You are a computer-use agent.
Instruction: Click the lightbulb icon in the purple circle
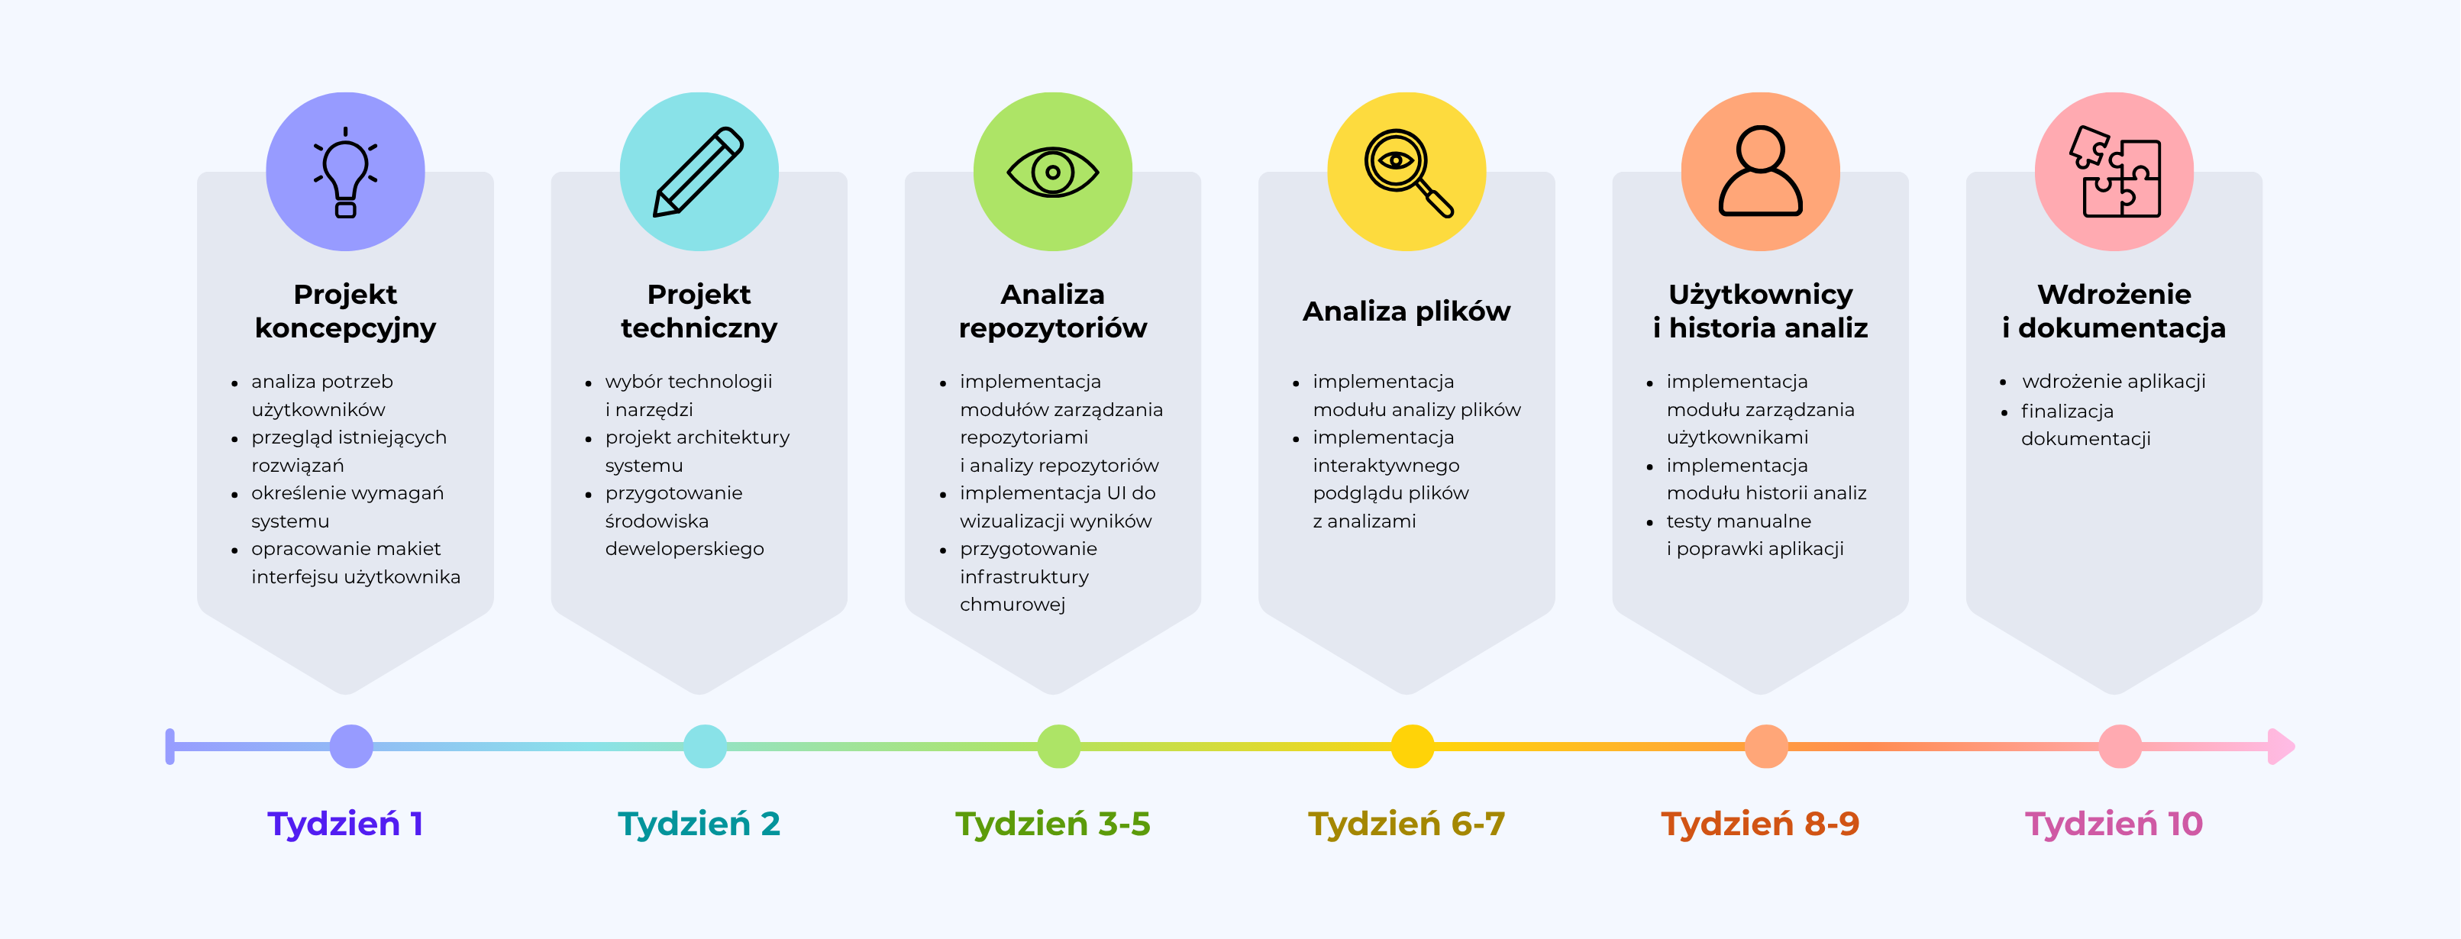(x=345, y=173)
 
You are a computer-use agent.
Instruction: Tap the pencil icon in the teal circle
(x=699, y=172)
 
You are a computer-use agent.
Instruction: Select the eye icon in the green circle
(x=1053, y=173)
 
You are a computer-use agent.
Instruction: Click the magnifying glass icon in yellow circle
(x=1407, y=173)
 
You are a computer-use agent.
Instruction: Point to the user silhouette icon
(x=1760, y=172)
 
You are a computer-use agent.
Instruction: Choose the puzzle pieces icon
(x=2114, y=173)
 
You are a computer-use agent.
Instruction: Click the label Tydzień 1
(x=345, y=824)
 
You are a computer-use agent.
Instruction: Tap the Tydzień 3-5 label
(x=1053, y=824)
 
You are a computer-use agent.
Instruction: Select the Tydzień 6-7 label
(x=1407, y=824)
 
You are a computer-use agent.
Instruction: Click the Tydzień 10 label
(x=2114, y=824)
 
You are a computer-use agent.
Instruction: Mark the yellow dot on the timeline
(x=1412, y=746)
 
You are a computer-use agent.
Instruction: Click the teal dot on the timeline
(x=705, y=746)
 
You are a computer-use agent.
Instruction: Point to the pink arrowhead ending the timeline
(x=2282, y=746)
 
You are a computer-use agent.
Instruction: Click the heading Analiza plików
(x=1407, y=311)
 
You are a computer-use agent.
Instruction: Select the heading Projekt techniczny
(x=699, y=311)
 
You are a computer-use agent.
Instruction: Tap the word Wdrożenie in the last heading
(x=2114, y=294)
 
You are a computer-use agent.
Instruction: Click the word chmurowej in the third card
(x=1012, y=605)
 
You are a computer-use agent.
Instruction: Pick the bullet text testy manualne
(x=1738, y=521)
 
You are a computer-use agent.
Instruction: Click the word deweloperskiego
(x=684, y=549)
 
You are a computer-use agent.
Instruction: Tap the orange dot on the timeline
(x=1765, y=746)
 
